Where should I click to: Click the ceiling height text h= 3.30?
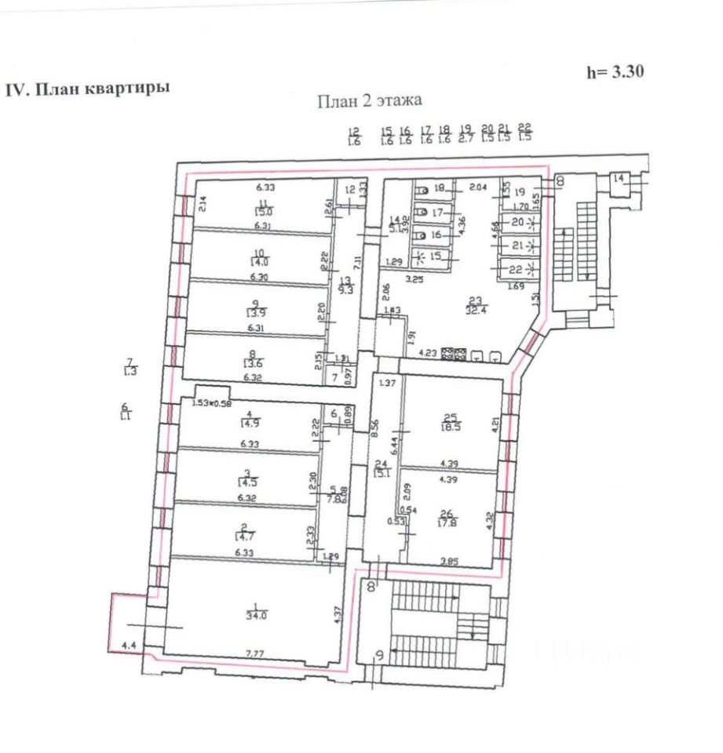615,71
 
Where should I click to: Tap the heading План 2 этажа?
370,100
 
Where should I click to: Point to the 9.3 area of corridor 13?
346,289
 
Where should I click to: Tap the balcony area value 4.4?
128,645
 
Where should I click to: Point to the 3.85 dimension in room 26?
451,560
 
